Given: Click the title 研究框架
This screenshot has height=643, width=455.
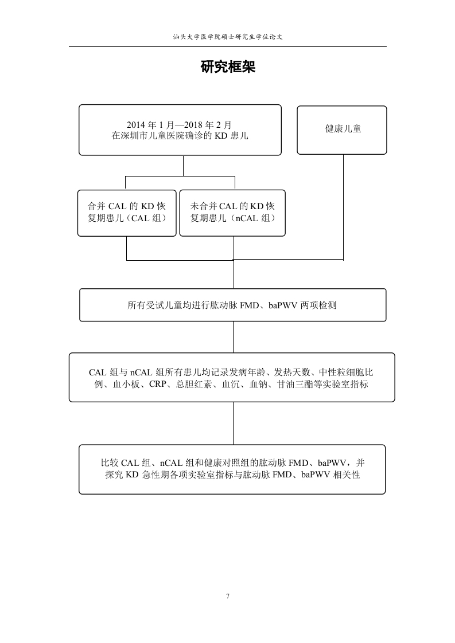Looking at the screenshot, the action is [x=228, y=67].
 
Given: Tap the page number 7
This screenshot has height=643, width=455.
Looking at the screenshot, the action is [x=228, y=596].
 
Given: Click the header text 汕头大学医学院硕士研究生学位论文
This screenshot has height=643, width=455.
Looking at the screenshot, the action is [x=228, y=37].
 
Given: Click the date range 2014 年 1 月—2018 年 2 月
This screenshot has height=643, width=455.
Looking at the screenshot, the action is [x=179, y=125].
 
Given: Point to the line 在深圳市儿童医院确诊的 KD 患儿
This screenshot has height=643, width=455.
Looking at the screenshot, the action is [x=180, y=136].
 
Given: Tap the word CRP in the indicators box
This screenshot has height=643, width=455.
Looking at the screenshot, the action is [x=158, y=385].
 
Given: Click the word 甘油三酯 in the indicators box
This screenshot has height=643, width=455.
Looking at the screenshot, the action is [x=294, y=385].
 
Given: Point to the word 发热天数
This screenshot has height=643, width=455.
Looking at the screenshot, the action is [x=292, y=373].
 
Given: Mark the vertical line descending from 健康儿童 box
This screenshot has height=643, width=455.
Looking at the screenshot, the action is [x=343, y=207].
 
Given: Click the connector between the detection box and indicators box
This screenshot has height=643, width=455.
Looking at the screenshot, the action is [x=234, y=337].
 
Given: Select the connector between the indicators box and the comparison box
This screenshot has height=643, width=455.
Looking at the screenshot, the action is [x=234, y=423].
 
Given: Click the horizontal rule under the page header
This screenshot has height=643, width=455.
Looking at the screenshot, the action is [x=228, y=47].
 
